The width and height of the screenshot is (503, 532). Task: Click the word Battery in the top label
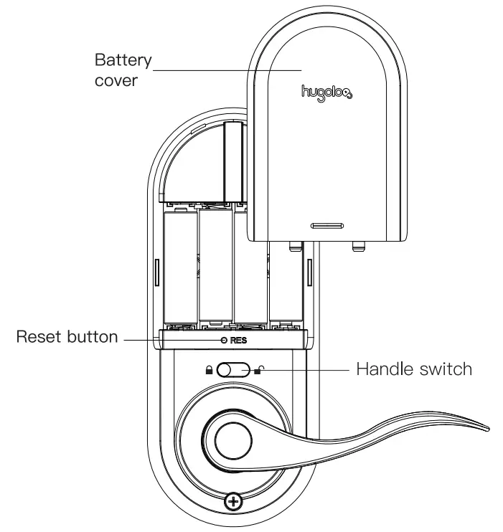pyautogui.click(x=123, y=59)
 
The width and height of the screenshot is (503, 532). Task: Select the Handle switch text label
pyautogui.click(x=414, y=369)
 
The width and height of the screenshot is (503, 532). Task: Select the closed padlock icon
pyautogui.click(x=210, y=370)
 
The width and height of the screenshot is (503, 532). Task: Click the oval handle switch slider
pyautogui.click(x=234, y=370)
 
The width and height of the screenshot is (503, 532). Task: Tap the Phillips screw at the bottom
pyautogui.click(x=232, y=501)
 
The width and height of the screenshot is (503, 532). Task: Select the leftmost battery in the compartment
pyautogui.click(x=180, y=269)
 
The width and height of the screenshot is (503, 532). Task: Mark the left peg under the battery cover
pyautogui.click(x=292, y=244)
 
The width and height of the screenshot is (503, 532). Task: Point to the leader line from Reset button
pyautogui.click(x=141, y=338)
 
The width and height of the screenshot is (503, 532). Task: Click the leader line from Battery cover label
pyautogui.click(x=230, y=70)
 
